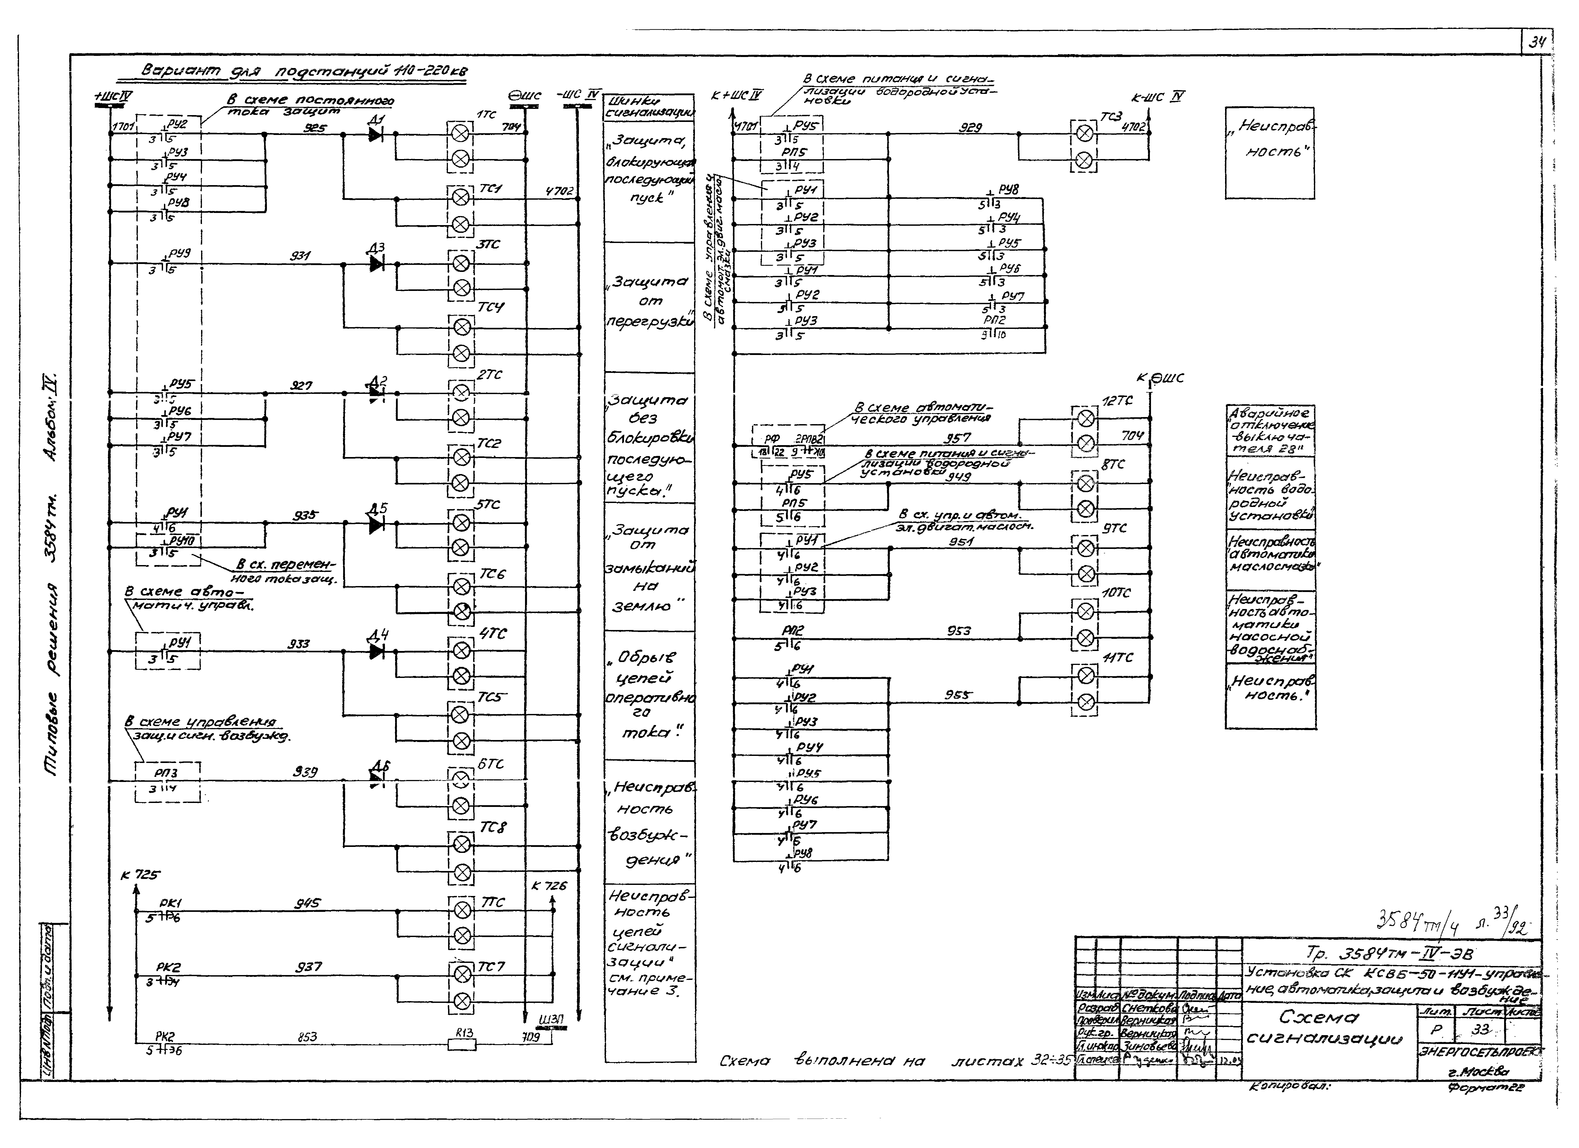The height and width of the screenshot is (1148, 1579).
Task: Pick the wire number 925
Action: pos(315,128)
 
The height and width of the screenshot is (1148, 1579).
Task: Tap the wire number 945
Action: pos(307,903)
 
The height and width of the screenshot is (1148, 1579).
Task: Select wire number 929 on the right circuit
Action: pos(970,127)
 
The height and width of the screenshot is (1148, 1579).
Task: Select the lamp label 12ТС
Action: pos(1117,401)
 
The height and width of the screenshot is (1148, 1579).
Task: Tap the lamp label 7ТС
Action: pos(493,902)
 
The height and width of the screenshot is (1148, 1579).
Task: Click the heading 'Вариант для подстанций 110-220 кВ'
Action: pos(304,72)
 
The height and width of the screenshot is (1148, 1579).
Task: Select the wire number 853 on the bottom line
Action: pos(307,1037)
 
